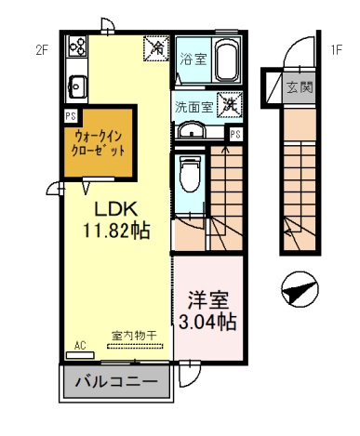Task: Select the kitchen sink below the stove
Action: coord(74,88)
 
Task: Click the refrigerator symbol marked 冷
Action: coord(157,46)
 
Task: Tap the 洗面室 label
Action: coord(194,106)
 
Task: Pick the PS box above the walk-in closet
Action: coord(70,116)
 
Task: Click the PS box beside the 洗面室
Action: coord(236,134)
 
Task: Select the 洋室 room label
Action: coord(208,302)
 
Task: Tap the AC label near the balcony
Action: coord(80,346)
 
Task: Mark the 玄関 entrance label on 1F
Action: coord(298,88)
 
